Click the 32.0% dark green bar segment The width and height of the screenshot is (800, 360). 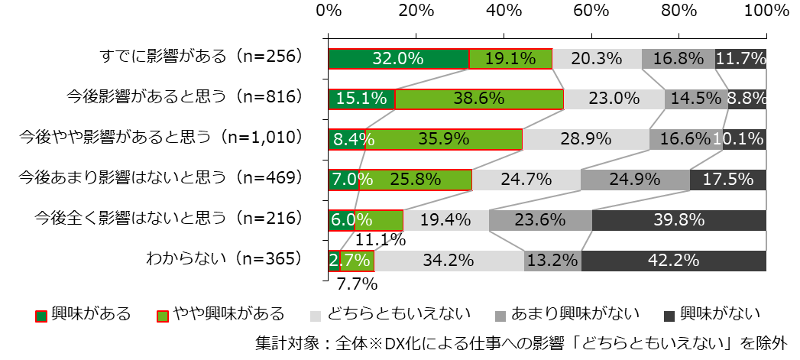[x=398, y=59]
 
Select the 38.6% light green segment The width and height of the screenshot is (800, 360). [x=479, y=99]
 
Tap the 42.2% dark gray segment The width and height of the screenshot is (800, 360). [x=673, y=261]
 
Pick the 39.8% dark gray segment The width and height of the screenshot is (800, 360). [x=679, y=220]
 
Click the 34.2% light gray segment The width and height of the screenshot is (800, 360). [x=449, y=261]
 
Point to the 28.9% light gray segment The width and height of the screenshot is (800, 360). [x=586, y=139]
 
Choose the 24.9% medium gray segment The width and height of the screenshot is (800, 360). [x=635, y=180]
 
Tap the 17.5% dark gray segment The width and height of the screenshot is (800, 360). [x=727, y=180]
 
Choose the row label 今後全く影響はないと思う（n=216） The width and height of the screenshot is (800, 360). [x=169, y=219]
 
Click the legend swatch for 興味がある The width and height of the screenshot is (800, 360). [x=41, y=315]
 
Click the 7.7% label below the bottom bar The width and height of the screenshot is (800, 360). [x=357, y=285]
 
